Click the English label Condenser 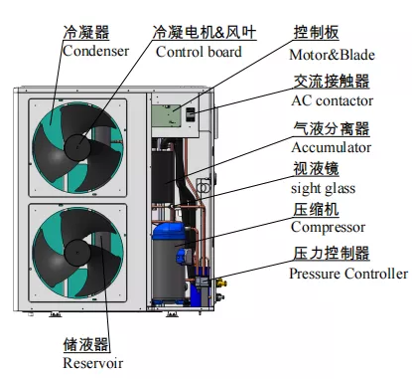point(95,51)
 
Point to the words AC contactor point(332,100)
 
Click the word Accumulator point(331,147)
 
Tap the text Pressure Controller point(347,274)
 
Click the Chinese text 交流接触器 point(332,82)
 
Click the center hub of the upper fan point(75,146)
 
